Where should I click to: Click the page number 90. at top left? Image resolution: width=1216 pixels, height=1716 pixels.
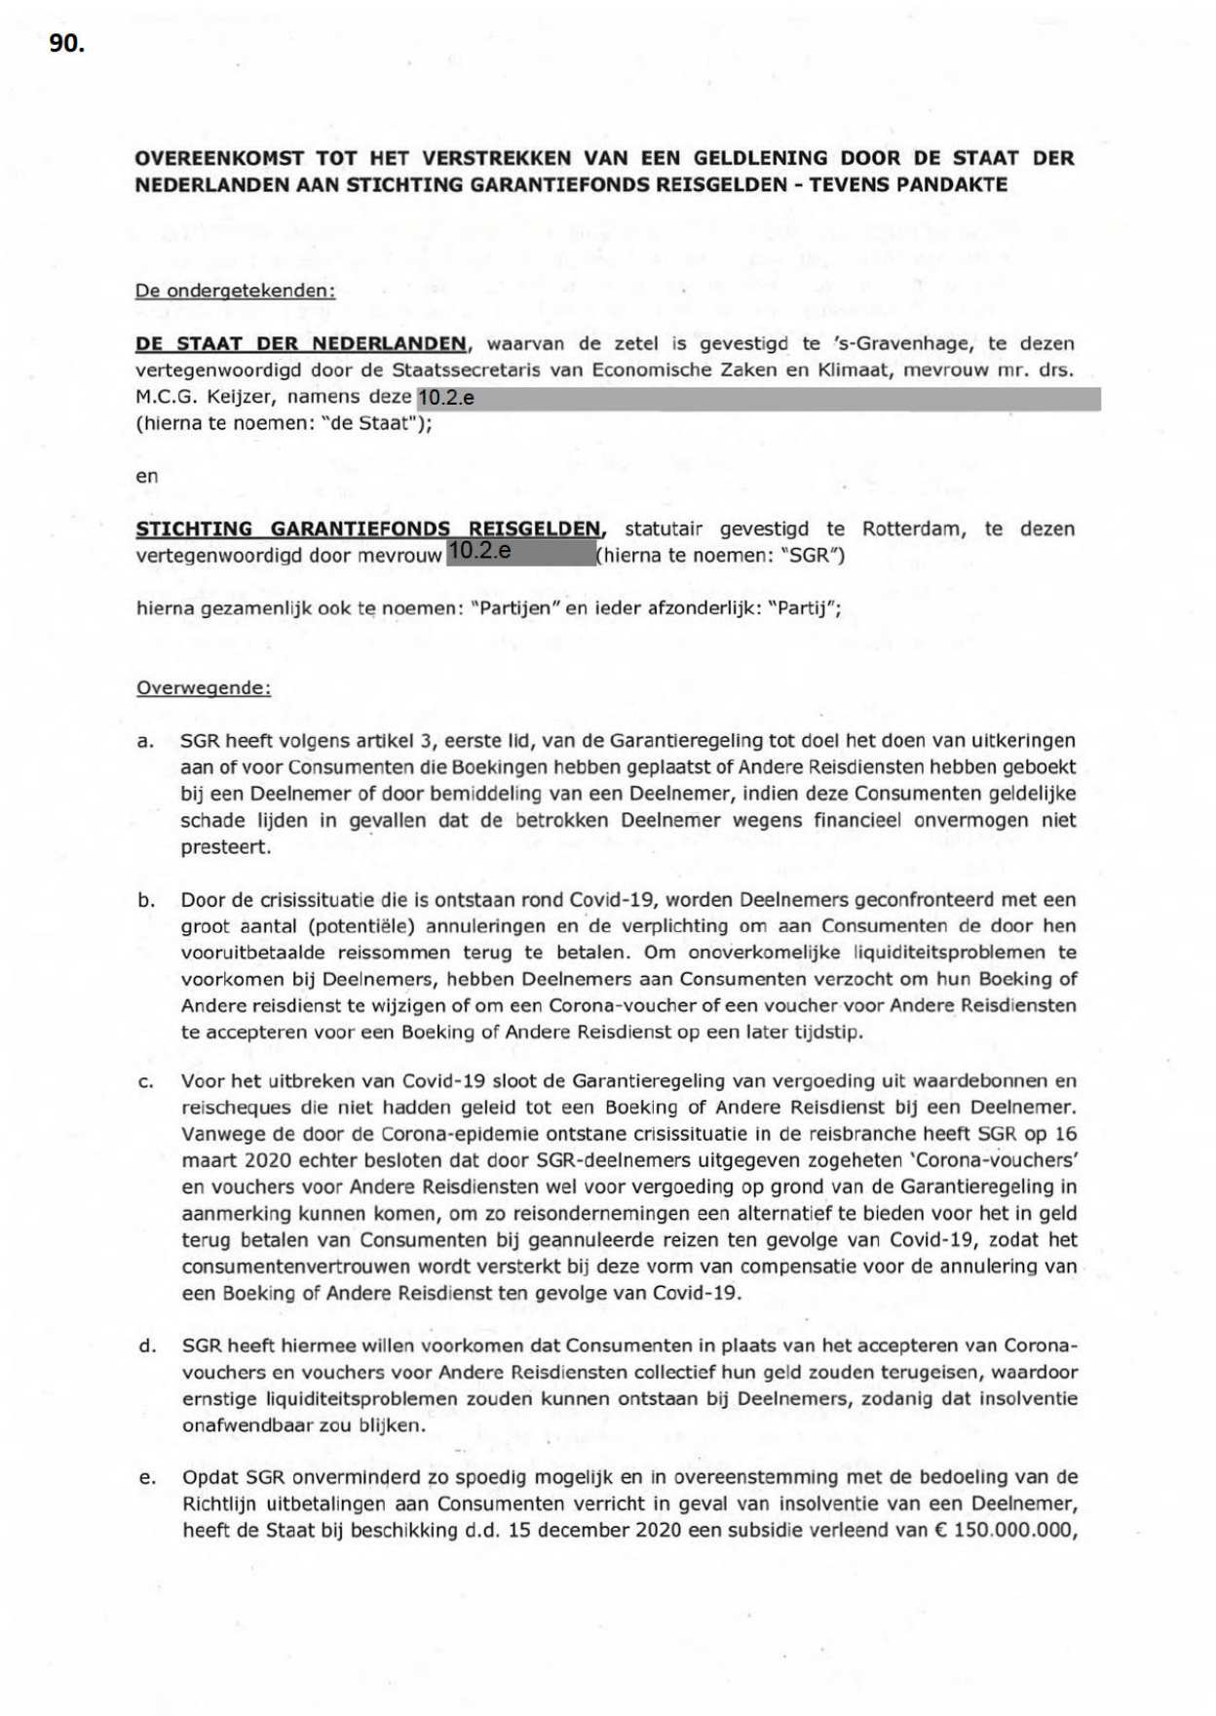pyautogui.click(x=67, y=44)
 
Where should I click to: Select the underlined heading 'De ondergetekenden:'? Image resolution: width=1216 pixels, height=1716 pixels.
pyautogui.click(x=235, y=291)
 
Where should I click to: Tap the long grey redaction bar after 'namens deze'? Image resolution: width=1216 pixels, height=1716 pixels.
pyautogui.click(x=758, y=399)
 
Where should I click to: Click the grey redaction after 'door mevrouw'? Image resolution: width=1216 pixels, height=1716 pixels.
pyautogui.click(x=520, y=553)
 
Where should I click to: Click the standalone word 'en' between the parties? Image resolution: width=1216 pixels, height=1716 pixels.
pyautogui.click(x=146, y=477)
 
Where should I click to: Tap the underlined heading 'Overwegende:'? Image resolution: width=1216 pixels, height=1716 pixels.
pyautogui.click(x=204, y=688)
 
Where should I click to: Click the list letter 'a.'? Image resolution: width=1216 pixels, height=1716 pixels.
pyautogui.click(x=145, y=742)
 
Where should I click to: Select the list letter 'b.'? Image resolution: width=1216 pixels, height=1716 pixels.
pyautogui.click(x=146, y=900)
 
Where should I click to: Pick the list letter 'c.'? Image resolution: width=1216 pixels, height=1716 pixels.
pyautogui.click(x=146, y=1081)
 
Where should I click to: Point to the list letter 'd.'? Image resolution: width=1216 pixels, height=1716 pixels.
pyautogui.click(x=147, y=1346)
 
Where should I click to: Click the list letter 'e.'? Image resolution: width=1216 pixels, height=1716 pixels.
pyautogui.click(x=147, y=1478)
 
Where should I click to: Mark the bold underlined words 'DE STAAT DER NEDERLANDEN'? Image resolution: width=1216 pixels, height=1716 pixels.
pyautogui.click(x=301, y=344)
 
